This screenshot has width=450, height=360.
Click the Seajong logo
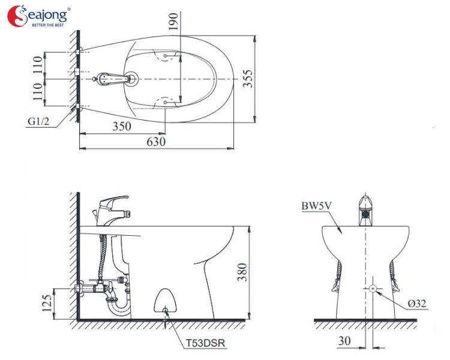[39, 16]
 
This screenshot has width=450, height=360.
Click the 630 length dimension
[156, 142]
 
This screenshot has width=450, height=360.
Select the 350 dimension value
[122, 127]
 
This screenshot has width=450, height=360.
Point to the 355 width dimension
[247, 79]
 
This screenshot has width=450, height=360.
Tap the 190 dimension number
[173, 21]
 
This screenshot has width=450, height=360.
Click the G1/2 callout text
[38, 121]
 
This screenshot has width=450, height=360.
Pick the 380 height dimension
[242, 272]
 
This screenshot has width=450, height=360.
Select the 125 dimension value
[47, 302]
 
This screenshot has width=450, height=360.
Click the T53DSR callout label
[205, 343]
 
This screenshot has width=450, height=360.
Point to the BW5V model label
[316, 206]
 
